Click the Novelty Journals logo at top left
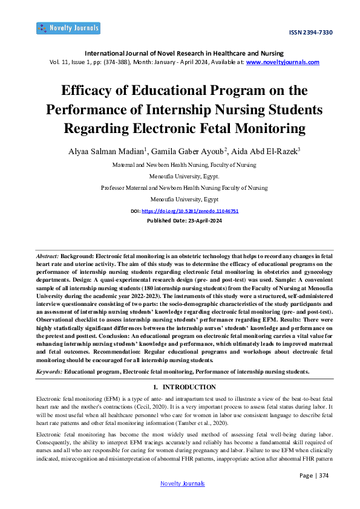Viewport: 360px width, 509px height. (68, 28)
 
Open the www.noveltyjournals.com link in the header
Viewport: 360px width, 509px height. (283, 62)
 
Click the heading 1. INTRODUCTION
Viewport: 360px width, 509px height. (184, 387)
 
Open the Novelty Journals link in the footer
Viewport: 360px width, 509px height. (182, 484)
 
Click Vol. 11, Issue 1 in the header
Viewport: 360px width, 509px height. (70, 62)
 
